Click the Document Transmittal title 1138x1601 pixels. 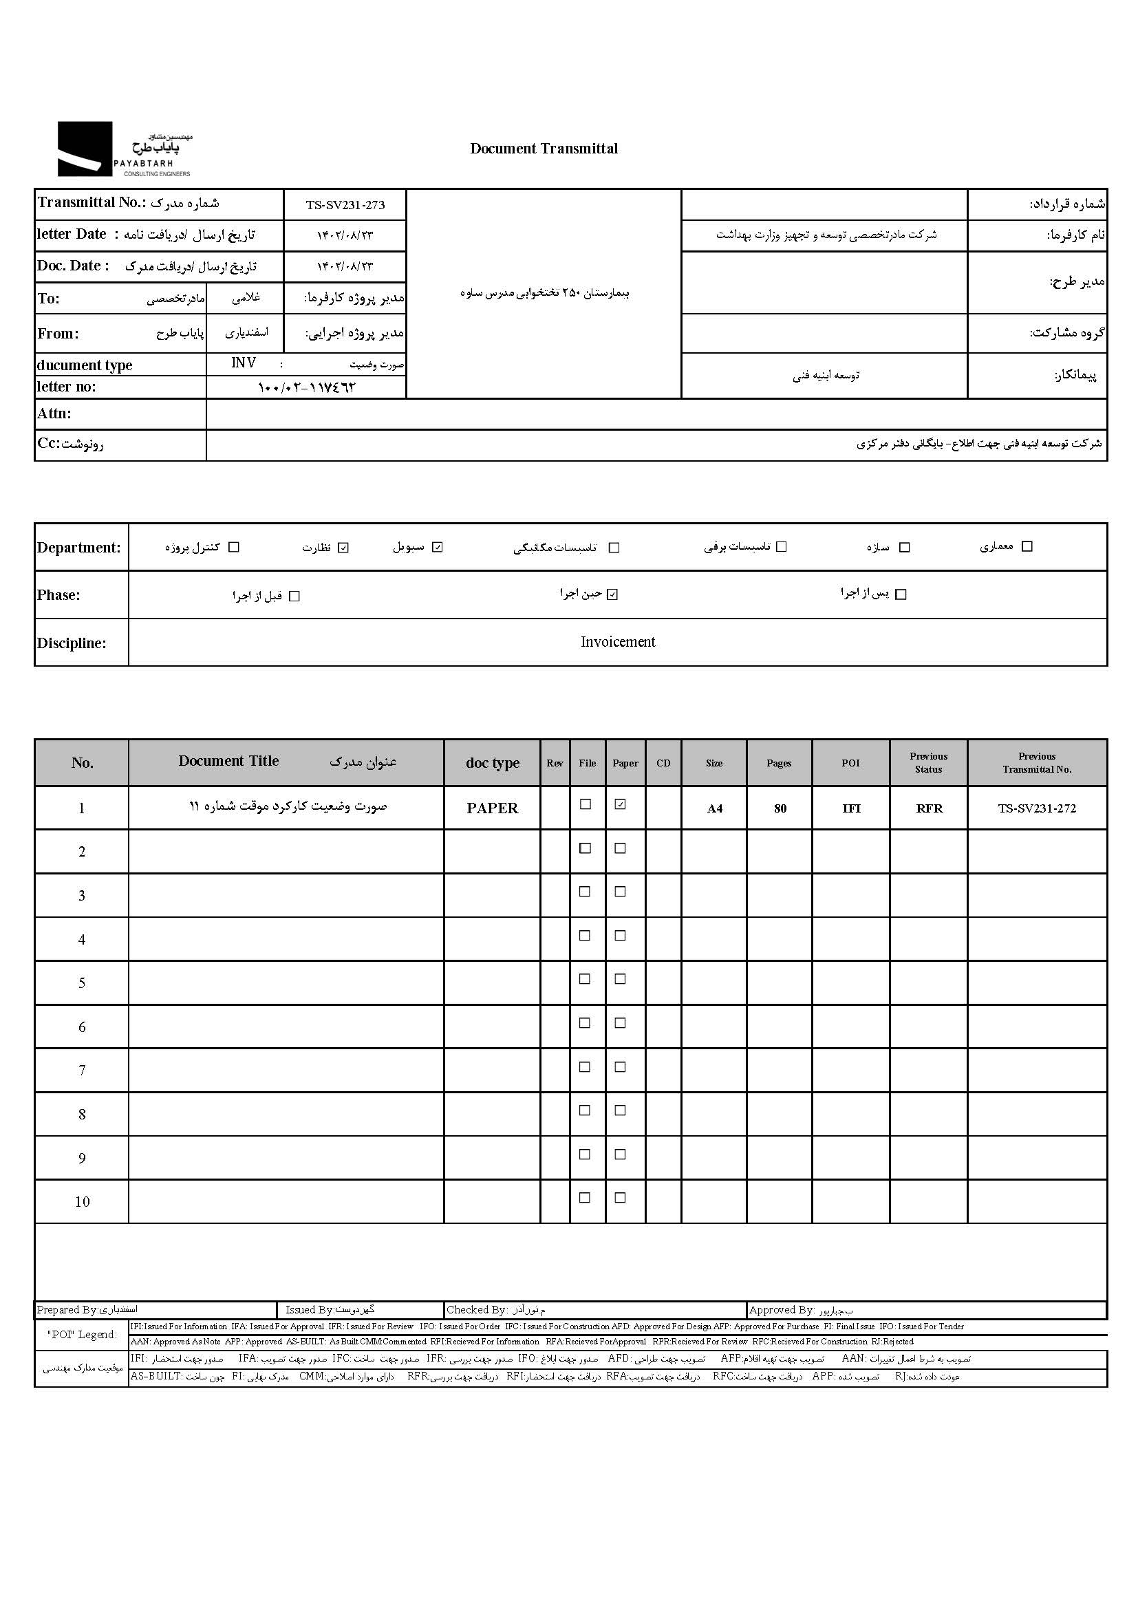(544, 149)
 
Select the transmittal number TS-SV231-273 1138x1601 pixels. (345, 205)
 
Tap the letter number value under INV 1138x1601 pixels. (307, 387)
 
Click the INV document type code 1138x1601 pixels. (243, 363)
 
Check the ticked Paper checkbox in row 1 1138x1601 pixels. (620, 805)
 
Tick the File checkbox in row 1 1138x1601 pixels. (585, 804)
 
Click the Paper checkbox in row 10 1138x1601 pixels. (620, 1197)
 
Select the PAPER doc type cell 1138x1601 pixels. (492, 808)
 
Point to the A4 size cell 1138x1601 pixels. (714, 808)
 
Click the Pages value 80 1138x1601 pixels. (780, 808)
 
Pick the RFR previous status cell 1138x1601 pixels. (929, 808)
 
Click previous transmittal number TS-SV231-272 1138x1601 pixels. (1036, 808)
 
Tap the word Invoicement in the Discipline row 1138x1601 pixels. (617, 642)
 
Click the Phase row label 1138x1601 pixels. (59, 595)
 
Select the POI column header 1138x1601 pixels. (850, 763)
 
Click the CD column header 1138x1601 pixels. (663, 763)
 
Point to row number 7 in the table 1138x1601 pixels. (82, 1070)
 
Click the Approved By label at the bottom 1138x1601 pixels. (782, 1309)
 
